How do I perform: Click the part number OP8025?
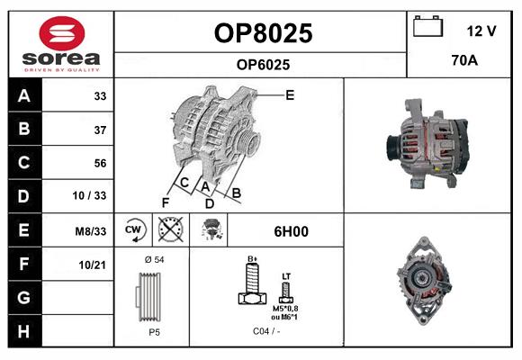[x=263, y=33]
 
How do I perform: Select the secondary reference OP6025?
[x=263, y=64]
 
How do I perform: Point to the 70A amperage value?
[x=464, y=61]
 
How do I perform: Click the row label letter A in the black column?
[x=24, y=96]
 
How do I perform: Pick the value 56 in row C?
[x=100, y=163]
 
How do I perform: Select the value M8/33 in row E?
[x=91, y=231]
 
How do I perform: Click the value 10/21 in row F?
[x=93, y=264]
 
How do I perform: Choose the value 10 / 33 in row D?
[x=91, y=196]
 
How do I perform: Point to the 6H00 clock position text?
[x=291, y=231]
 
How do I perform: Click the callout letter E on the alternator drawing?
[x=290, y=94]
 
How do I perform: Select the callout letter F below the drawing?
[x=165, y=202]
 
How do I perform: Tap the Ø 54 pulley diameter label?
[x=154, y=260]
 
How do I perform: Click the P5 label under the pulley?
[x=154, y=332]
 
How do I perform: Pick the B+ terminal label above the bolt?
[x=253, y=258]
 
